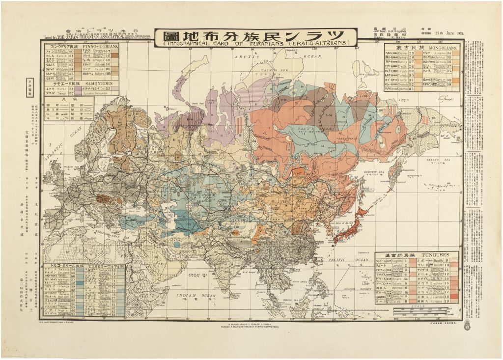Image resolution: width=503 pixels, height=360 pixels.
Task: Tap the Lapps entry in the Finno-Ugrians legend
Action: pos(96,69)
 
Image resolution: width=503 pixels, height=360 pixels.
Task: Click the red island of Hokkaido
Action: pos(363,211)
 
